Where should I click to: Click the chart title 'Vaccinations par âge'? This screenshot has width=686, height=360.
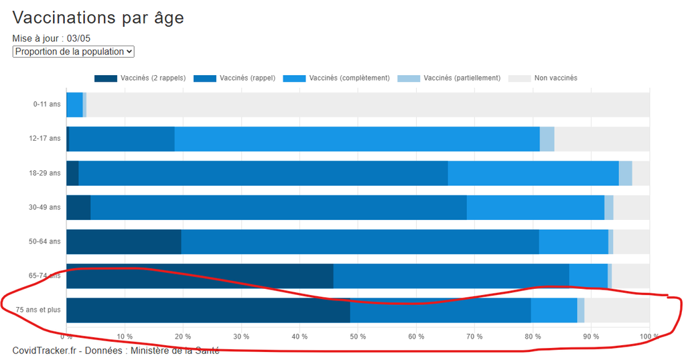[x=98, y=18]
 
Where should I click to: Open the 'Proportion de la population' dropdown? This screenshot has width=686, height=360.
[x=74, y=52]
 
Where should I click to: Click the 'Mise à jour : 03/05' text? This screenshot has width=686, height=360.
[x=51, y=38]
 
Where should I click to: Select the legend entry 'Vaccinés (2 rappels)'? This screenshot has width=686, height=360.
[x=140, y=78]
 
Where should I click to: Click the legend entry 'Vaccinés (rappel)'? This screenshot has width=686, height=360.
[x=234, y=78]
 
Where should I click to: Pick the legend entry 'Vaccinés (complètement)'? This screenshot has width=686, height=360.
[x=336, y=78]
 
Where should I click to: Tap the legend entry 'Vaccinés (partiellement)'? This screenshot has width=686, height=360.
[x=449, y=78]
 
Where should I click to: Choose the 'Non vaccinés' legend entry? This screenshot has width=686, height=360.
[x=543, y=78]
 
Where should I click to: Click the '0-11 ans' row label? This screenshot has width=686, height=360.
[x=47, y=104]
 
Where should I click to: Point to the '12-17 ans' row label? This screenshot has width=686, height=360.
[x=45, y=138]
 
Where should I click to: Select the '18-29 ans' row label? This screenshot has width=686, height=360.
[x=45, y=173]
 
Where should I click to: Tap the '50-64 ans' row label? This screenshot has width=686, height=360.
[x=45, y=241]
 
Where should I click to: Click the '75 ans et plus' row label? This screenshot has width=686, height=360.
[x=38, y=310]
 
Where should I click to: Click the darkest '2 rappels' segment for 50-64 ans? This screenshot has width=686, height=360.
[x=124, y=242]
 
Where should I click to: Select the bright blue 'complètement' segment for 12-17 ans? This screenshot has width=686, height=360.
[x=357, y=139]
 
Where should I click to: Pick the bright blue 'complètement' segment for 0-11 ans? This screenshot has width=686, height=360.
[x=74, y=105]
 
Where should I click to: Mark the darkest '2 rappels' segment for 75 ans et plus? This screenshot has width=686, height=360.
[x=208, y=310]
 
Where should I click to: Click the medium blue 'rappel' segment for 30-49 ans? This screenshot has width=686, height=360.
[x=279, y=208]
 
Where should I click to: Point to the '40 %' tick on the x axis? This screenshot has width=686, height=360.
[x=299, y=337]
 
